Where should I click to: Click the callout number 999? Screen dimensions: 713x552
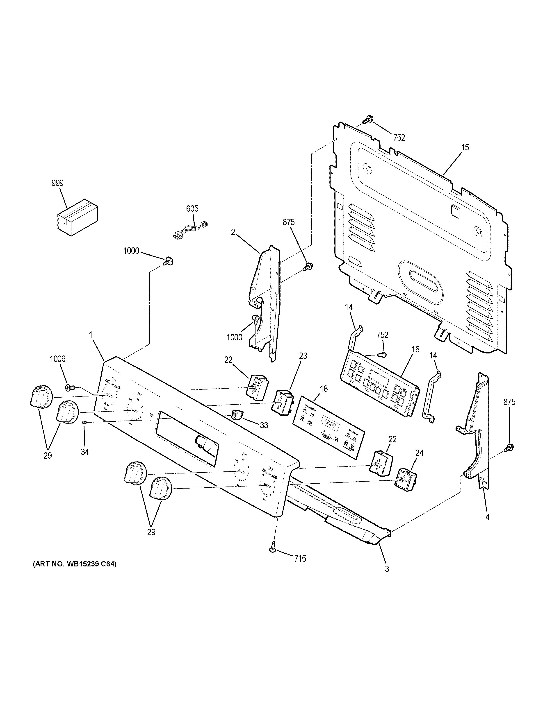tap(57, 183)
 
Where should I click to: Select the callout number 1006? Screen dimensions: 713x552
tap(57, 359)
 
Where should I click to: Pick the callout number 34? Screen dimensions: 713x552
tap(84, 452)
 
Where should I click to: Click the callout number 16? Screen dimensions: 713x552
tap(415, 349)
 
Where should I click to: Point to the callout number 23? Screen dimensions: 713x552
tap(303, 356)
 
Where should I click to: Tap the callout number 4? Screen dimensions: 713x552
tap(487, 517)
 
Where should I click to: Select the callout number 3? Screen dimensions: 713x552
tap(387, 569)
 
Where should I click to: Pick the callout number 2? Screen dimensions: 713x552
tap(233, 232)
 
